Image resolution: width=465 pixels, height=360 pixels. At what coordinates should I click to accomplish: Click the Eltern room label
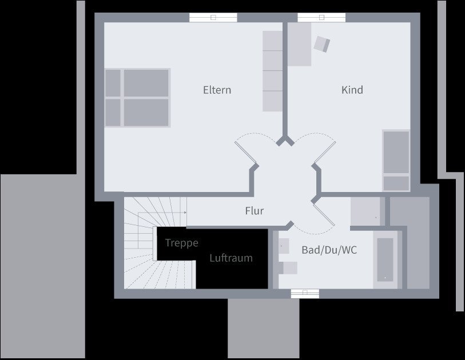217,90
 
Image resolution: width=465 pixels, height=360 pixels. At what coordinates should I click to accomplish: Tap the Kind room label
352,90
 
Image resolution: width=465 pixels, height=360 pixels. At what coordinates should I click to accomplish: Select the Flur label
254,211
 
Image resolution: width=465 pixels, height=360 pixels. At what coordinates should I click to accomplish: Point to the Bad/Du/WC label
329,250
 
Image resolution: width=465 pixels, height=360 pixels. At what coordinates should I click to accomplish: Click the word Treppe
181,243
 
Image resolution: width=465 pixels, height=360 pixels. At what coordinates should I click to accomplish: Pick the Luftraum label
230,258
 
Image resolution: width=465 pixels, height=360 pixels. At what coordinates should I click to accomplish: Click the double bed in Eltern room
137,97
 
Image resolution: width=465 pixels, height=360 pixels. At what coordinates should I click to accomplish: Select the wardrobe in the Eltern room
273,71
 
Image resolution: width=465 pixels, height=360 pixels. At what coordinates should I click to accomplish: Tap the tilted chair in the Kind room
322,43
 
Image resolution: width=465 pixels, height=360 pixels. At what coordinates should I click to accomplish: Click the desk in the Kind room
299,45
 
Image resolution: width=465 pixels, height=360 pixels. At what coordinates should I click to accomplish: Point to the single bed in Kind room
396,160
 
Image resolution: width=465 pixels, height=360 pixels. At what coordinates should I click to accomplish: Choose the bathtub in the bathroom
385,259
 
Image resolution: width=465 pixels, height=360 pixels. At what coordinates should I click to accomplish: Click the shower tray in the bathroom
365,211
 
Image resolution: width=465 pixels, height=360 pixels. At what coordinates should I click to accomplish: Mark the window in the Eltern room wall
213,17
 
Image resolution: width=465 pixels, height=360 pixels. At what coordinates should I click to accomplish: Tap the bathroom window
304,294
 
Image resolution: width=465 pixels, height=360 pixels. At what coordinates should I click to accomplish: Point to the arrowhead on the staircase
185,213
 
